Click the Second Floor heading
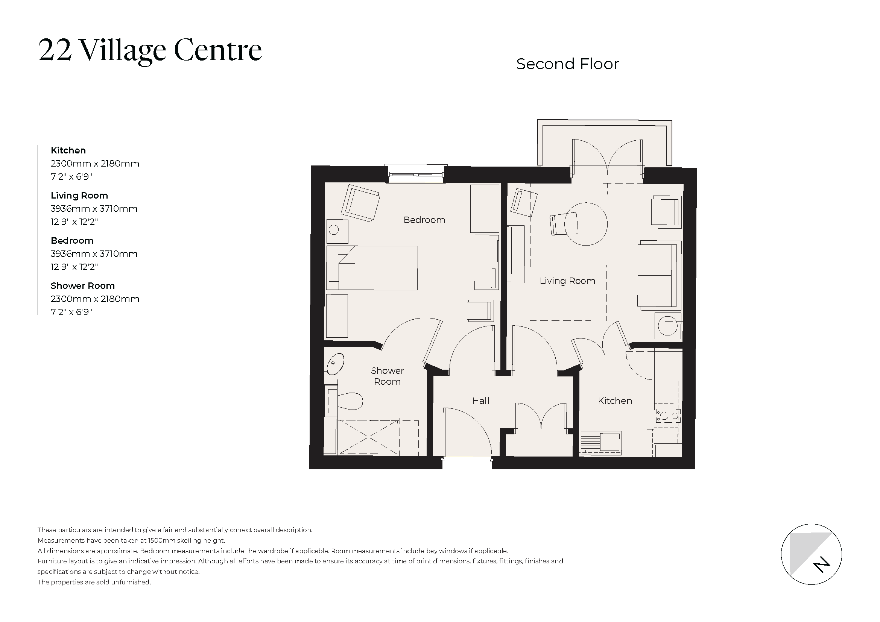[x=567, y=64]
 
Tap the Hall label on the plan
[x=480, y=401]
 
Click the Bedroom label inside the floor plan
[x=424, y=220]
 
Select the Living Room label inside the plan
[x=567, y=281]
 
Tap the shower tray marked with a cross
[x=368, y=437]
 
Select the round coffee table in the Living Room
[x=586, y=224]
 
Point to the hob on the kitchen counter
[x=668, y=416]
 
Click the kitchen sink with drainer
[x=601, y=443]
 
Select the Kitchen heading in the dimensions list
[x=68, y=150]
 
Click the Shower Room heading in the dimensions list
[x=82, y=286]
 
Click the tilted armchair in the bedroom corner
[x=360, y=203]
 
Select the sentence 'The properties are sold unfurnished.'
[x=94, y=582]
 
